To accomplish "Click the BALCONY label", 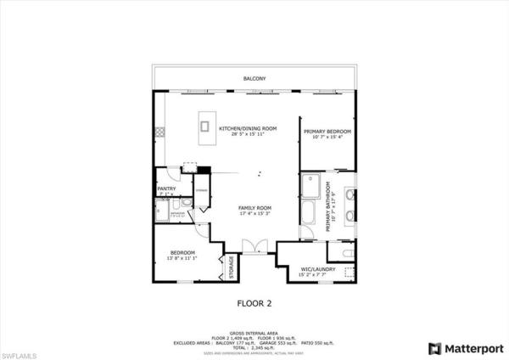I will (255, 79).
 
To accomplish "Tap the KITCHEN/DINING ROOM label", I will (243, 129).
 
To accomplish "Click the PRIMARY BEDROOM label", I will (327, 132).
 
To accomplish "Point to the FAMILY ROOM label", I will (253, 208).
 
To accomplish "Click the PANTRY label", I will (166, 189).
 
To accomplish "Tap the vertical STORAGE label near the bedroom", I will (231, 267).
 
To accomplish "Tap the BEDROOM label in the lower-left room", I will (182, 252).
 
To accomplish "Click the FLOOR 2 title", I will (255, 301).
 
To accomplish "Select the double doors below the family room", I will (254, 245).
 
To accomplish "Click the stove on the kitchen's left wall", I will (159, 132).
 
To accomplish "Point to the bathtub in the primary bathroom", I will (308, 214).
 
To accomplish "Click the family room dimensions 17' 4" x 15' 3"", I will (253, 215).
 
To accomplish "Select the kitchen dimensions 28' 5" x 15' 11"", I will (243, 136).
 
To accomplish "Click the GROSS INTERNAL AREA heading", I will (255, 332).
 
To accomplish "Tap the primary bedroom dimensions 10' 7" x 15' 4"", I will (327, 138).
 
